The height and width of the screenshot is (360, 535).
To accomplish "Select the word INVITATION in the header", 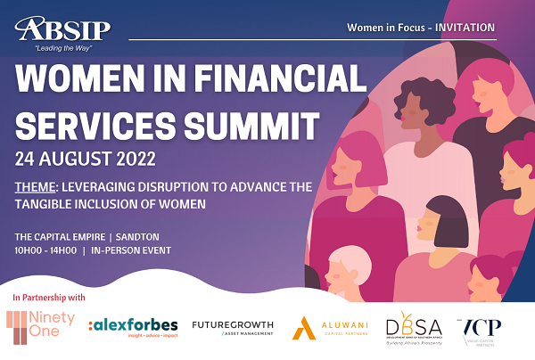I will click(463, 28).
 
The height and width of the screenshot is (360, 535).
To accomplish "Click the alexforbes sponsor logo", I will click(133, 327).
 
